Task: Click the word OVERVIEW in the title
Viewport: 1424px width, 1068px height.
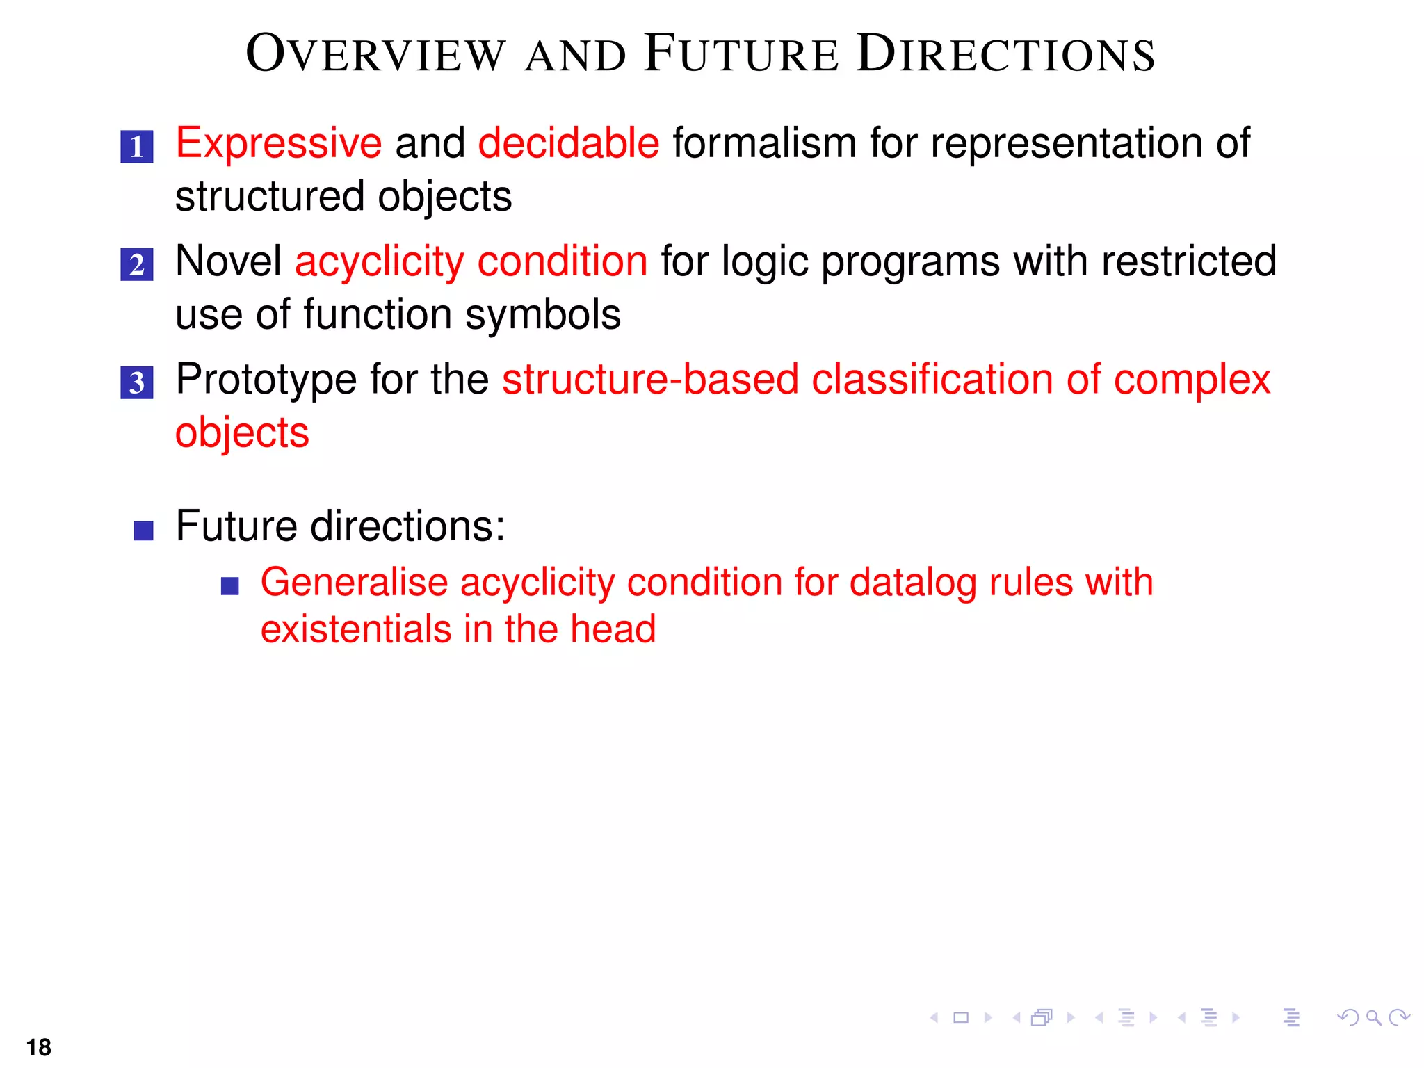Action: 375,54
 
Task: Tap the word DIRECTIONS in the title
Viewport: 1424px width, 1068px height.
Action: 1005,54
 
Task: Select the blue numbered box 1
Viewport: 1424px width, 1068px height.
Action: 136,147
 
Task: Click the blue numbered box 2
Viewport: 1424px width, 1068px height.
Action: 136,265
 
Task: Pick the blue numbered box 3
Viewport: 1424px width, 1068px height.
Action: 136,382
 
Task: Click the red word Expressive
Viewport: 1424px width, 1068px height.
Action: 278,143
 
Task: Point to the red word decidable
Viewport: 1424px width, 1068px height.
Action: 568,143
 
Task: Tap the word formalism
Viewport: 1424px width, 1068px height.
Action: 764,143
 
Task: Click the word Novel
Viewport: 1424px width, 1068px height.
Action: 228,261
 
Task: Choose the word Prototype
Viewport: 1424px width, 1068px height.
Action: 266,380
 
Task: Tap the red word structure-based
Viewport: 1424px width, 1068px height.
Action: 650,380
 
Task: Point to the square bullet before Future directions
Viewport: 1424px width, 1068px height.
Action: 143,531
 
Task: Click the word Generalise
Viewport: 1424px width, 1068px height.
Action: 353,582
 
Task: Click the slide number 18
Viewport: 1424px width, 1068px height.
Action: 39,1047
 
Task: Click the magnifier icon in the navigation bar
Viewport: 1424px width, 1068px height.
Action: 1373,1018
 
